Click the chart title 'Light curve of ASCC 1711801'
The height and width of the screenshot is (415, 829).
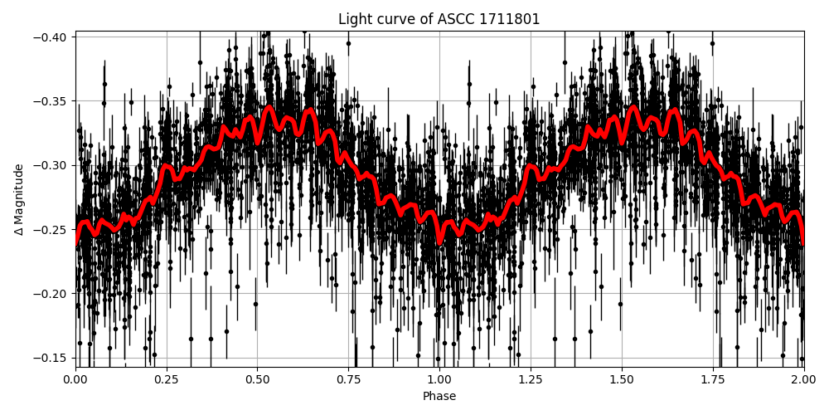point(439,19)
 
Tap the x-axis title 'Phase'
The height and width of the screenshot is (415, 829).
point(439,397)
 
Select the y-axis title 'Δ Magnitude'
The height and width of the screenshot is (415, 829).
point(19,199)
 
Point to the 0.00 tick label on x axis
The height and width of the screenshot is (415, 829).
point(75,379)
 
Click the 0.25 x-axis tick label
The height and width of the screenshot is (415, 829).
point(167,379)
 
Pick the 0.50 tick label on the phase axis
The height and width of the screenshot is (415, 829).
point(258,379)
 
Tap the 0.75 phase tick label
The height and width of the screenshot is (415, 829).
point(348,379)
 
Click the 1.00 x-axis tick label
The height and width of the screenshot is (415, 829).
point(439,379)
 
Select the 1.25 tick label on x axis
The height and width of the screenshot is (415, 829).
point(531,379)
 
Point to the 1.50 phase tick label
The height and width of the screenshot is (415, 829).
point(622,379)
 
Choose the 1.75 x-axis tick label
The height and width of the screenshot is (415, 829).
point(713,379)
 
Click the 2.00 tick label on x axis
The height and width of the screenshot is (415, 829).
point(803,379)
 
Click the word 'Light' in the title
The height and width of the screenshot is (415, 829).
point(354,19)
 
